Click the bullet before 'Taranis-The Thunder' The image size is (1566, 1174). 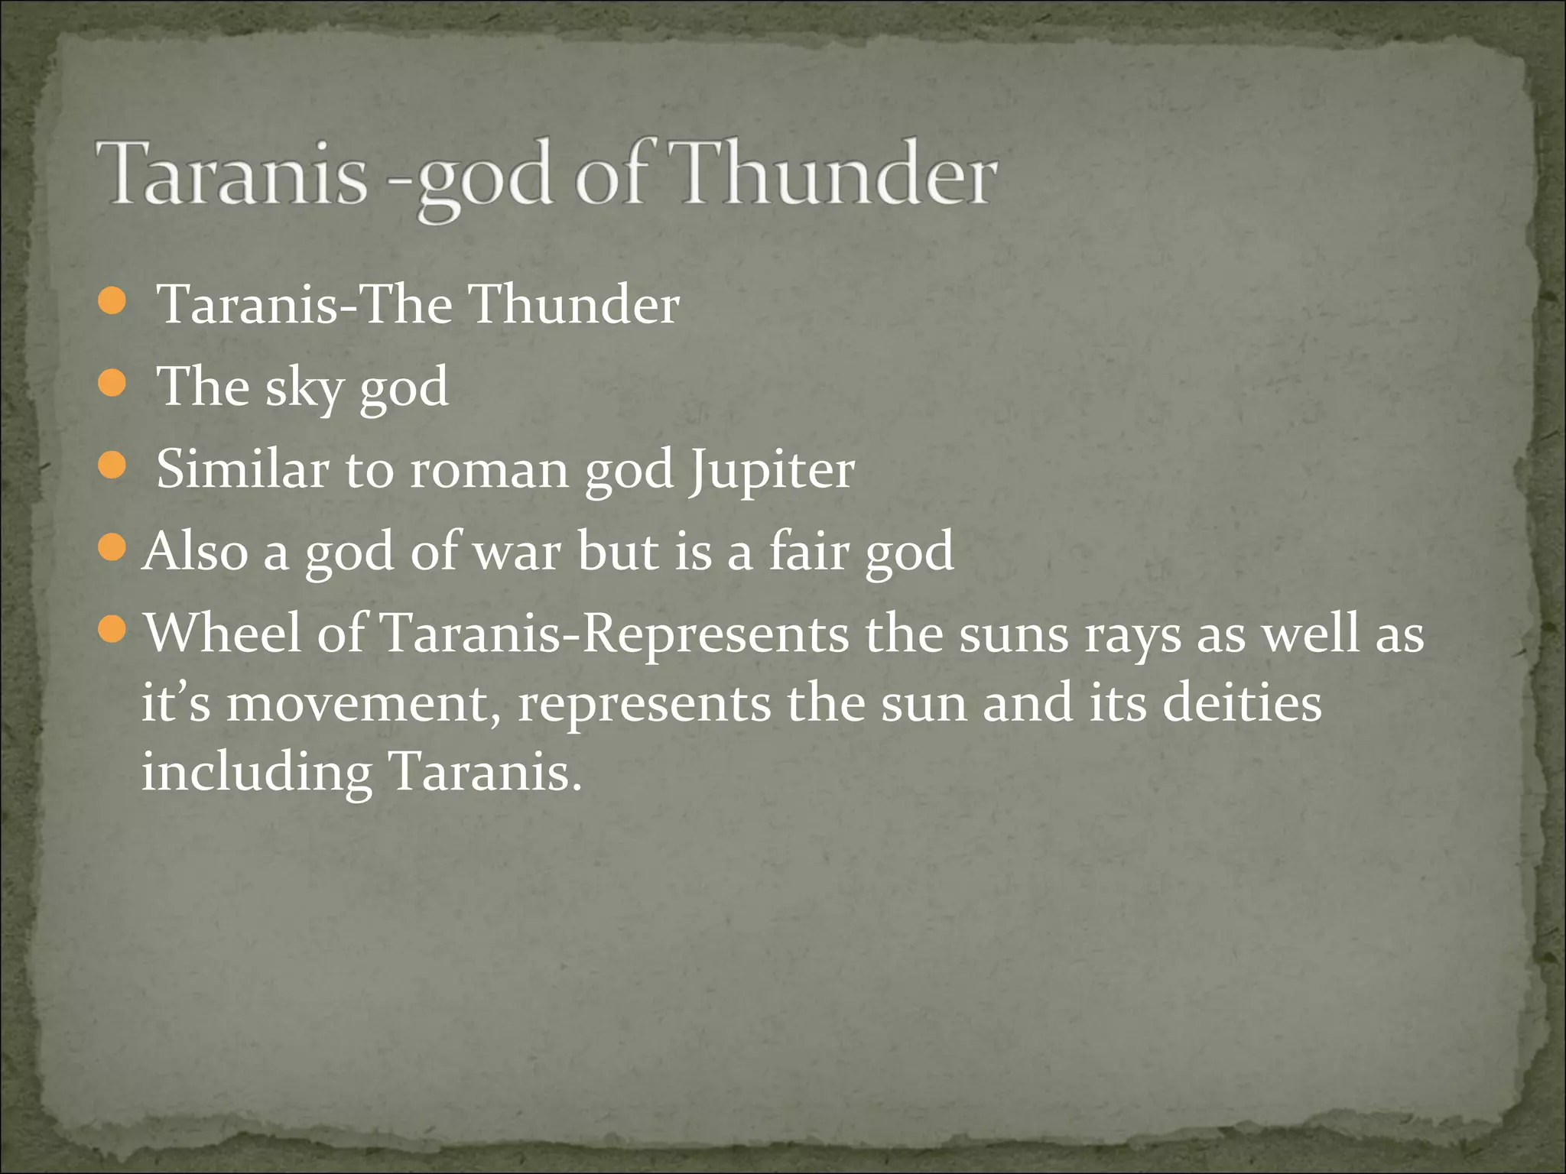pyautogui.click(x=112, y=302)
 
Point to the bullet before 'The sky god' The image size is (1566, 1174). pyautogui.click(x=112, y=384)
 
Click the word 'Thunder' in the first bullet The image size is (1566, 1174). pyautogui.click(x=573, y=305)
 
